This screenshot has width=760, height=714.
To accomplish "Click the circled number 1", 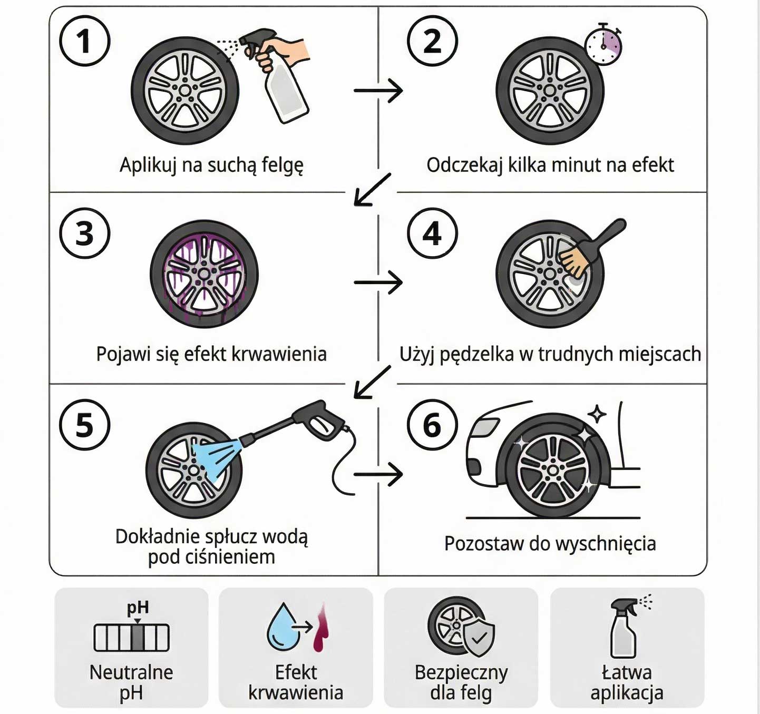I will point(84,41).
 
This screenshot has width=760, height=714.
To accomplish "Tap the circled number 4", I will point(432,233).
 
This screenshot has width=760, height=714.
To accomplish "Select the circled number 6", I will point(432,425).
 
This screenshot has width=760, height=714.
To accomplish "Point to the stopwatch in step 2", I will point(603,45).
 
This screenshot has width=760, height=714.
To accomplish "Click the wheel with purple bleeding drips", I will point(204,274).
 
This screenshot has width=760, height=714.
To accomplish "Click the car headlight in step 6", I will point(484,427).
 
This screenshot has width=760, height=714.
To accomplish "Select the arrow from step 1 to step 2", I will point(378,91).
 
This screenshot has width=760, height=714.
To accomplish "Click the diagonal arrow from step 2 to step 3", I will point(372,190).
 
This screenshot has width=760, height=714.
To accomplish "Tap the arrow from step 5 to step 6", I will point(378,474).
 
